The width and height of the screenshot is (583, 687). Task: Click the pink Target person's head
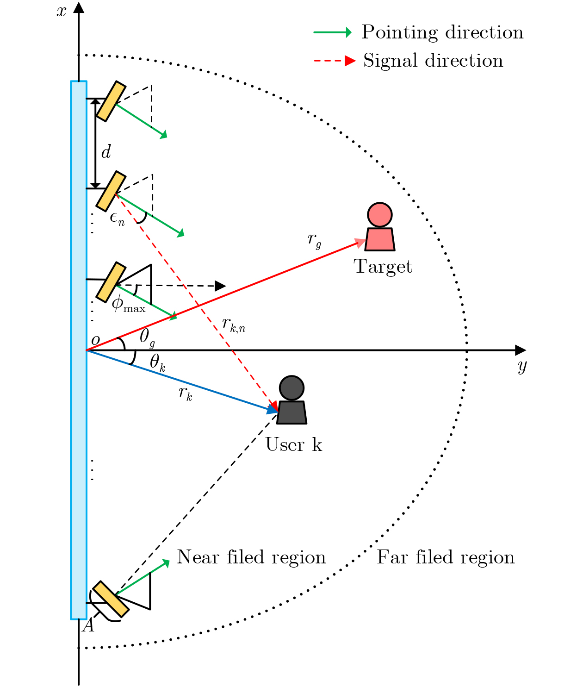coord(380,215)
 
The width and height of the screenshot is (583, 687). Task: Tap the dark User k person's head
coord(291,388)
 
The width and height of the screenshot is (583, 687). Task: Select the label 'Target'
coord(383,267)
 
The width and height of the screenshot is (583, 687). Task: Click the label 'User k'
coord(293,444)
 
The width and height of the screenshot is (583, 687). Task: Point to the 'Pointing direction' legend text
coord(442,32)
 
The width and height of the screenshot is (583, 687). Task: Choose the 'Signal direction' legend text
coord(433,61)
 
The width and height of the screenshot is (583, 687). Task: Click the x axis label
coord(62,11)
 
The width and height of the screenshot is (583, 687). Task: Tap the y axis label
coord(522,366)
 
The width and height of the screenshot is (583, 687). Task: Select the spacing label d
coord(106,152)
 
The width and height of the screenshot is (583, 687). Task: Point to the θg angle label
coord(147,337)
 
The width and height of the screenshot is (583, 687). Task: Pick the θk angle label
coord(157,362)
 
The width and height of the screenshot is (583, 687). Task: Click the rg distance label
coord(314,240)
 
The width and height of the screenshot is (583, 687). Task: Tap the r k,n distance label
coord(233,325)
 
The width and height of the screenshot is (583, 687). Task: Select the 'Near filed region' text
coord(251,557)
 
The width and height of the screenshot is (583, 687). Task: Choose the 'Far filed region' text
coord(446,557)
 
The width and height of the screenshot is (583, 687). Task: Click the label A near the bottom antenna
coord(88,626)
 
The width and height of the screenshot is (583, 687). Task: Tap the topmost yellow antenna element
coord(111,101)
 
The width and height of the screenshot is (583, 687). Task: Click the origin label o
coord(95,341)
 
